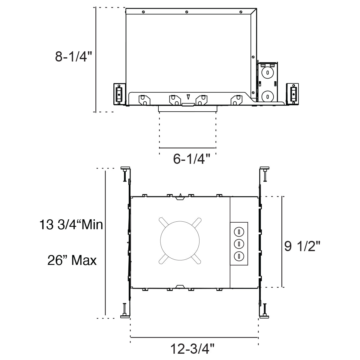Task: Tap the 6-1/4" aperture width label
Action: [x=192, y=159]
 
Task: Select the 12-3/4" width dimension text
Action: [x=192, y=349]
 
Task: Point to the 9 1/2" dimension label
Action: [x=302, y=246]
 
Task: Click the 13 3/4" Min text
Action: [x=71, y=224]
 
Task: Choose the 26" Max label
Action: [x=72, y=260]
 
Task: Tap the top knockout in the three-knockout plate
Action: [x=239, y=232]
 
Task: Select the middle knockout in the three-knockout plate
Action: [x=239, y=244]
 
